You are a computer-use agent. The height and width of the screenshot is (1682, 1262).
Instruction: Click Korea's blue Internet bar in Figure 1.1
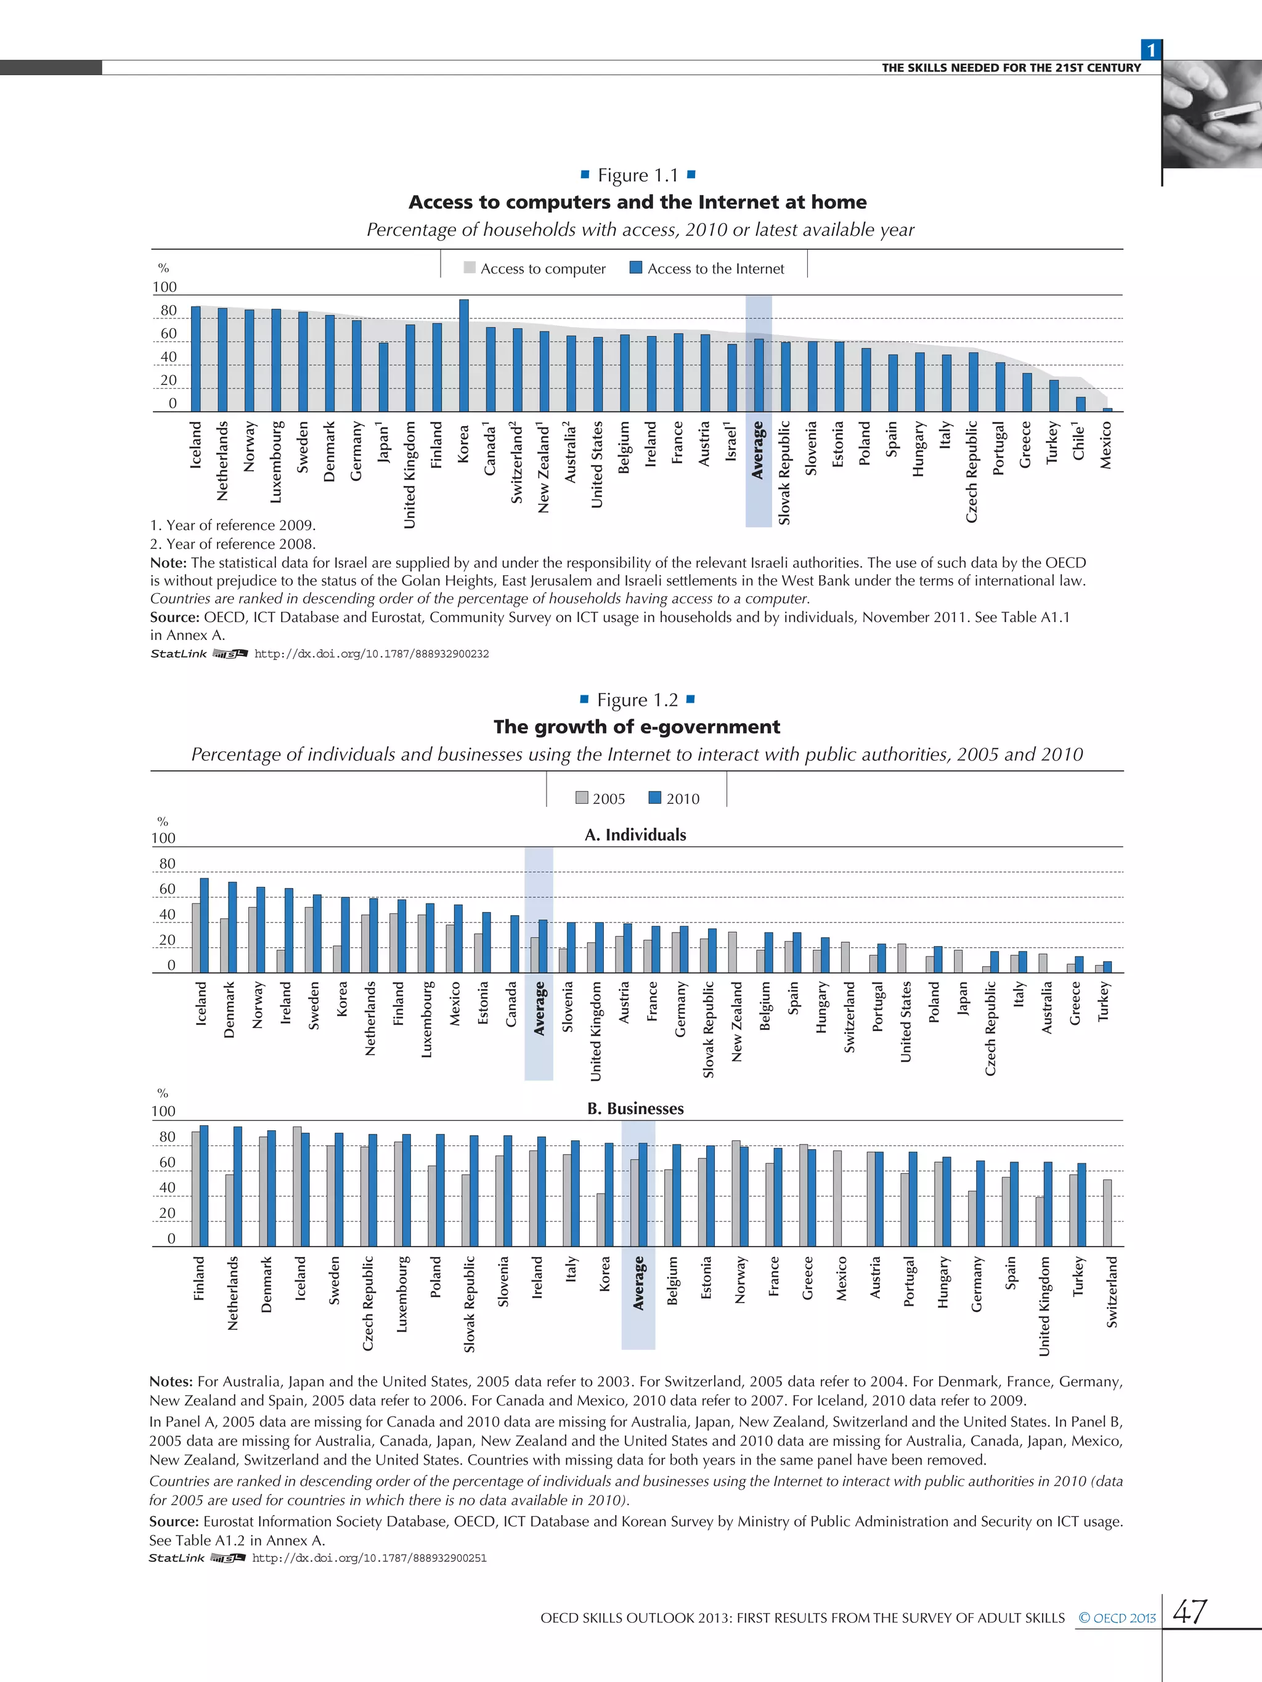[x=463, y=356]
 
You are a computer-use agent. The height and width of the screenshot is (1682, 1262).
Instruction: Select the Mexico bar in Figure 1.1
[x=1107, y=409]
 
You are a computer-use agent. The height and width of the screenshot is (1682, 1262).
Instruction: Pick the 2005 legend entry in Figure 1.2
[x=600, y=798]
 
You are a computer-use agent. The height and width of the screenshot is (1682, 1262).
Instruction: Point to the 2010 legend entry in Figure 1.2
[x=674, y=798]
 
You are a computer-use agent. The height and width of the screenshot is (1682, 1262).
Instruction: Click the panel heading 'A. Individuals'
[x=635, y=835]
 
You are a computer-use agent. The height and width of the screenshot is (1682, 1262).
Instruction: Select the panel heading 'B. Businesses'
[x=635, y=1109]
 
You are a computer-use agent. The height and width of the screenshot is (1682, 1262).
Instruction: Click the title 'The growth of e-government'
[x=637, y=727]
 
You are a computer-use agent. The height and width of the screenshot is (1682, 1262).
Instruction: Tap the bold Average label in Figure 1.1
[x=758, y=450]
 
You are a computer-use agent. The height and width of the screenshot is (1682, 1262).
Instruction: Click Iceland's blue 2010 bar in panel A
[x=204, y=926]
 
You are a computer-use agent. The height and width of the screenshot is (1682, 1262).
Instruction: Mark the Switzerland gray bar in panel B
[x=1107, y=1213]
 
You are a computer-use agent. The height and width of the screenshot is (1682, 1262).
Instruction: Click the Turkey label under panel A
[x=1104, y=1001]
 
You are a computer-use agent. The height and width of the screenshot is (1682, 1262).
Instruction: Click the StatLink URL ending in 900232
[x=371, y=654]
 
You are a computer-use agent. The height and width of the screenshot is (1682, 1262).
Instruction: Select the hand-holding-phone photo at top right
[x=1212, y=114]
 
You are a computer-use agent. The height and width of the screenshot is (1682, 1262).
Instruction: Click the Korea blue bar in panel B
[x=609, y=1195]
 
